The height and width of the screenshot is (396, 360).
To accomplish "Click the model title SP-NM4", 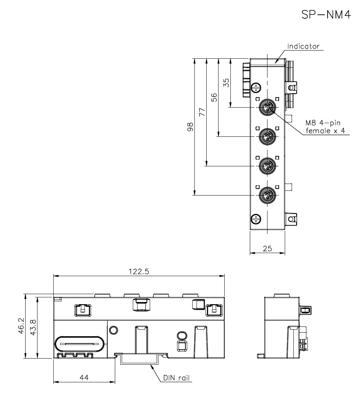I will pyautogui.click(x=326, y=15).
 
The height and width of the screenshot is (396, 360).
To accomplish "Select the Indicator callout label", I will pyautogui.click(x=303, y=46).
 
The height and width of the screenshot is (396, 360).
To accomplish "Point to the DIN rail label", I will pyautogui.click(x=176, y=378).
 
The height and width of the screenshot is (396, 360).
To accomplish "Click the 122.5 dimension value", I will pyautogui.click(x=139, y=272).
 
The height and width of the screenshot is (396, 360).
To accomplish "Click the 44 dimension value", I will pyautogui.click(x=84, y=378).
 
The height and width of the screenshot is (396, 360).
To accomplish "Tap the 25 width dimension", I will pyautogui.click(x=267, y=248).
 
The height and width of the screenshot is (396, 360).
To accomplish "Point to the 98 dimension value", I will pyautogui.click(x=190, y=127).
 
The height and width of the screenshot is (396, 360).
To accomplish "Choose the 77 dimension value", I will pyautogui.click(x=202, y=112).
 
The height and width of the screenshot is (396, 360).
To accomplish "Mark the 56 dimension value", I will pyautogui.click(x=214, y=98).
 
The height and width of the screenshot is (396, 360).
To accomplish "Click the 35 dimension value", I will pyautogui.click(x=226, y=83).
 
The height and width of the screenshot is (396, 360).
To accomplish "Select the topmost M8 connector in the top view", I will pyautogui.click(x=267, y=107).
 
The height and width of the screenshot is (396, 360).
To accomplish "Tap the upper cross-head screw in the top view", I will pyautogui.click(x=256, y=87).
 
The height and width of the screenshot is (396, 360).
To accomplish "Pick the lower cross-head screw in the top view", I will pyautogui.click(x=256, y=219).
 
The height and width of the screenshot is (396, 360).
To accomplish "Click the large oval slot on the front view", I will pyautogui.click(x=80, y=344).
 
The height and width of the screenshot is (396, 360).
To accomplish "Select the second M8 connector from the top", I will pyautogui.click(x=267, y=136).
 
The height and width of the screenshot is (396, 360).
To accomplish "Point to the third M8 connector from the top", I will pyautogui.click(x=267, y=166).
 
